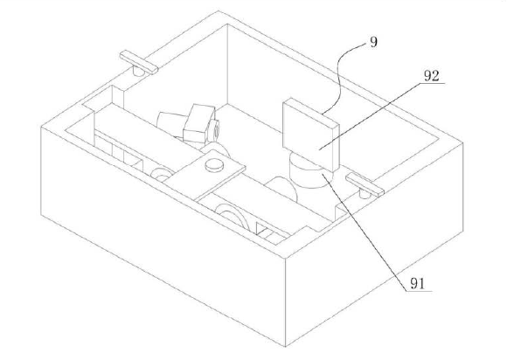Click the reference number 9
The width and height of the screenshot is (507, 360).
point(373,42)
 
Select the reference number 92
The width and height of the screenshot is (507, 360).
point(432,76)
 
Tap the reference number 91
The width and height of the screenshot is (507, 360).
point(418,284)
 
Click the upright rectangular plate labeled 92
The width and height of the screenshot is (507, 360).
point(310,134)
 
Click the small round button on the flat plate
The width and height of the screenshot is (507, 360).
point(214,164)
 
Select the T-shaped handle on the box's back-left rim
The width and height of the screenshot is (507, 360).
point(139,62)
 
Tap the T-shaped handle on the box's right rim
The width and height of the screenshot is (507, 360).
point(365,185)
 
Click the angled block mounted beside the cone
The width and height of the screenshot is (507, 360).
point(198,124)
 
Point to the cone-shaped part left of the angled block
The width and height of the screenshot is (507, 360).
point(170,124)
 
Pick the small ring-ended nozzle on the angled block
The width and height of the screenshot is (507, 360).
point(214,128)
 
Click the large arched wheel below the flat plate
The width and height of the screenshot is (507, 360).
point(230,216)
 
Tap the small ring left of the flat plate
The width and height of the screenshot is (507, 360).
point(161,175)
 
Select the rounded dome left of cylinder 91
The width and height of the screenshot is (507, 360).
point(281,189)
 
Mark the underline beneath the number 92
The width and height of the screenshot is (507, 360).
point(433,83)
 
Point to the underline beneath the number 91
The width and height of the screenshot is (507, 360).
point(419,291)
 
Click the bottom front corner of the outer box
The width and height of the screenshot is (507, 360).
point(285,346)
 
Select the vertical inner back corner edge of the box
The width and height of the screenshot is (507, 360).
point(227,64)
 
